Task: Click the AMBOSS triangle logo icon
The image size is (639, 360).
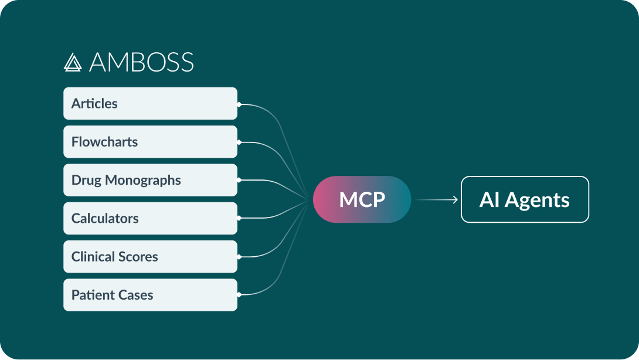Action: pos(72,62)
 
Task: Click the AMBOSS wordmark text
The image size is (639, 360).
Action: pos(141,62)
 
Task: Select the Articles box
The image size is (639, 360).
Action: pos(150,104)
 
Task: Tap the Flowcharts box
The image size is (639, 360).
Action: pos(150,142)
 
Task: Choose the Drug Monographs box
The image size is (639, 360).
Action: pos(150,180)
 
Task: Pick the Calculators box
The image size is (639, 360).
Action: pos(150,218)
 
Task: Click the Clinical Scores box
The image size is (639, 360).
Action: pos(150,256)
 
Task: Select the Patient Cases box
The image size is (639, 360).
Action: pos(150,294)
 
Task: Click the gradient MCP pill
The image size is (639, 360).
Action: pos(362,199)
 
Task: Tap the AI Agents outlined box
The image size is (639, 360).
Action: pos(525,199)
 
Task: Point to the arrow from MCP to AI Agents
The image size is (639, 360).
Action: pos(436,200)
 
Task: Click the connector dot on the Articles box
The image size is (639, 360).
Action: pos(239,104)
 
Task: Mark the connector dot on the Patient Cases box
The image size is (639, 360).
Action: pos(239,294)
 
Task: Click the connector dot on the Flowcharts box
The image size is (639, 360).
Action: pos(239,142)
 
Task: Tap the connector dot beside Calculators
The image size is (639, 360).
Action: pos(239,218)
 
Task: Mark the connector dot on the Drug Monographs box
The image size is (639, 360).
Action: pos(239,180)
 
